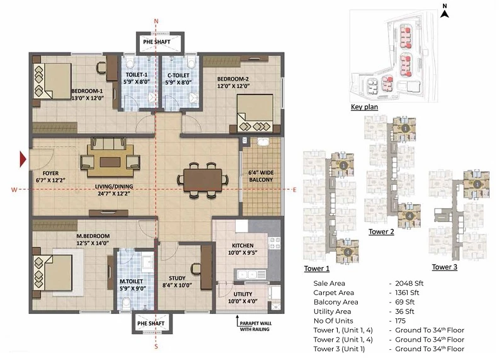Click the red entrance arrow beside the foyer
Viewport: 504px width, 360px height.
[23, 159]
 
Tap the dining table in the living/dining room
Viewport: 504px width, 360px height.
[202, 180]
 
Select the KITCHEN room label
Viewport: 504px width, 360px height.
[243, 245]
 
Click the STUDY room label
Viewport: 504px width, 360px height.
[177, 278]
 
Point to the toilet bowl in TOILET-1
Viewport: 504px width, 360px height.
[130, 62]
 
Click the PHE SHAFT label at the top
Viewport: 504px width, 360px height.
[156, 42]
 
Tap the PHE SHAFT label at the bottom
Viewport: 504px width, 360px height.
[151, 323]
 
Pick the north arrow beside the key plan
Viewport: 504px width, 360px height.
[445, 12]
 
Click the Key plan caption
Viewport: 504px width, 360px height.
[364, 107]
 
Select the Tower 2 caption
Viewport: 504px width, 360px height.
[381, 231]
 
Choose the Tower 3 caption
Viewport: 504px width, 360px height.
[444, 267]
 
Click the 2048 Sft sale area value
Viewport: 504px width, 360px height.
[409, 284]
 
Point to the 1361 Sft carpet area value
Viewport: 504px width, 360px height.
[407, 293]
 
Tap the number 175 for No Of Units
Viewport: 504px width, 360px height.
[400, 321]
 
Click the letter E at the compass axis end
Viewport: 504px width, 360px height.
[294, 190]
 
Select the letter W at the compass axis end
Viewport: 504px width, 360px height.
[14, 190]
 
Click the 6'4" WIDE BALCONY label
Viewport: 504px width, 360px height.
[261, 177]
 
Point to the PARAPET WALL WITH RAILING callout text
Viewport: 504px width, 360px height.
[256, 326]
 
